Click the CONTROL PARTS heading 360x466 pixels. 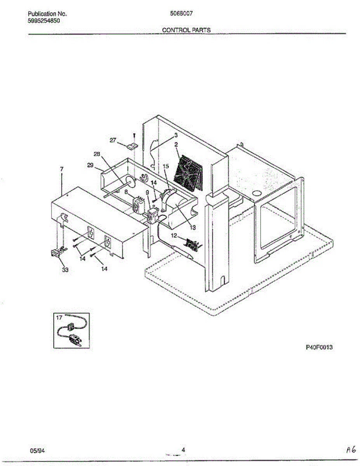click(x=186, y=30)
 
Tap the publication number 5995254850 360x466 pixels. click(x=44, y=21)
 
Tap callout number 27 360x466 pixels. click(x=113, y=141)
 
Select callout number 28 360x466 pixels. click(x=97, y=154)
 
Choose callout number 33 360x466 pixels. click(x=65, y=271)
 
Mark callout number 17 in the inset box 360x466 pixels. click(x=59, y=318)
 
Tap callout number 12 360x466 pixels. click(x=174, y=235)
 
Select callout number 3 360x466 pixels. click(x=176, y=136)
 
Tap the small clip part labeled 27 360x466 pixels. click(x=132, y=146)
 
